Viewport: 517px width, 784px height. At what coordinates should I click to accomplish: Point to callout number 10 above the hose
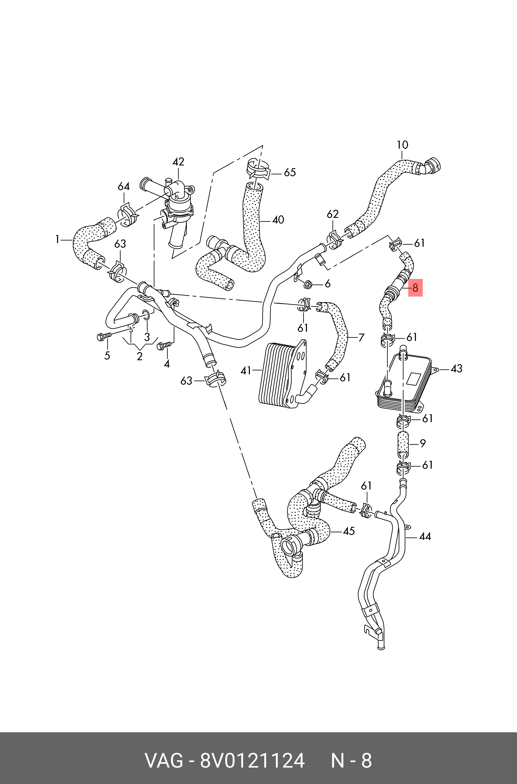402,145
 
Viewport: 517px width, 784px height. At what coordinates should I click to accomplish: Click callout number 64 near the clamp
124,186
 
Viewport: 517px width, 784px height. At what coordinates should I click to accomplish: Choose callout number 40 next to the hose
278,220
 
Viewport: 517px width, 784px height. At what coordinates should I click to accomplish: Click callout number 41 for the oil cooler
246,371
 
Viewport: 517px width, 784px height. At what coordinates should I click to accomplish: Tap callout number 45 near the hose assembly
348,531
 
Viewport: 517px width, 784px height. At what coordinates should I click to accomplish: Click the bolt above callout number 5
103,337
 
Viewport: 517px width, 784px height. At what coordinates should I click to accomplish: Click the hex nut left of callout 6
308,283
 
